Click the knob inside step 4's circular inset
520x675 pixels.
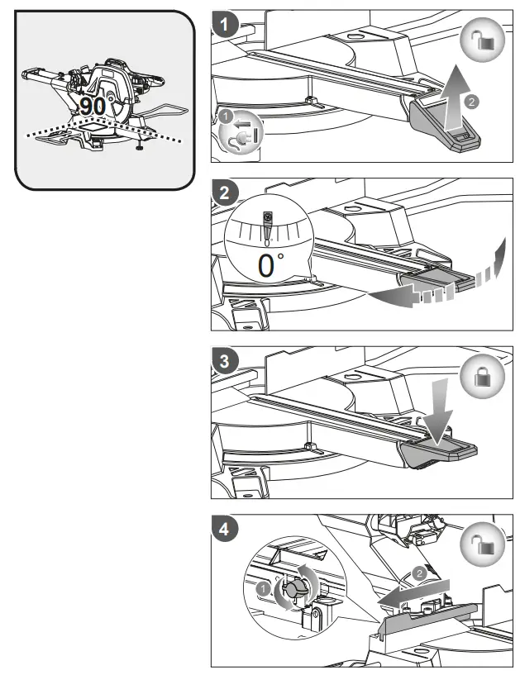296,587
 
